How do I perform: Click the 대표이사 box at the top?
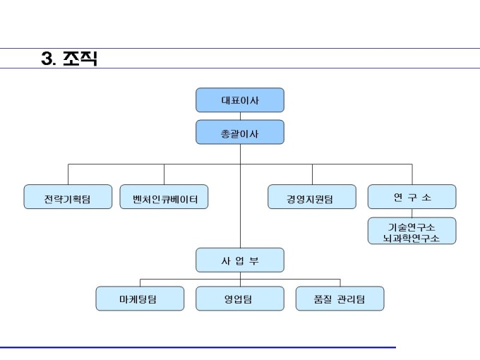click(x=240, y=100)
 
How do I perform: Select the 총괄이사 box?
click(x=240, y=132)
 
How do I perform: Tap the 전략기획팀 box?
click(x=68, y=197)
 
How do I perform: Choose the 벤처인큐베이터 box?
click(x=164, y=197)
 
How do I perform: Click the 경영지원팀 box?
click(x=312, y=197)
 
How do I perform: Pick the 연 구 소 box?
click(x=412, y=197)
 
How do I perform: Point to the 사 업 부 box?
click(x=240, y=260)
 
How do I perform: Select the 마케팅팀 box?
click(x=140, y=299)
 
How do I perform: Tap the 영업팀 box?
click(x=240, y=299)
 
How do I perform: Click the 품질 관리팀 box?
click(x=340, y=299)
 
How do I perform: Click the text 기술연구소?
click(x=412, y=227)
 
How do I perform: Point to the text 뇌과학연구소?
click(x=412, y=238)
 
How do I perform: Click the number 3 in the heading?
click(x=47, y=58)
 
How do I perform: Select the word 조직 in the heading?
click(x=80, y=59)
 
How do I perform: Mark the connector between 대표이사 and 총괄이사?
click(x=240, y=116)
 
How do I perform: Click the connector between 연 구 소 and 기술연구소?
click(x=412, y=213)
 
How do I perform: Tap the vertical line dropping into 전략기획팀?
click(x=68, y=174)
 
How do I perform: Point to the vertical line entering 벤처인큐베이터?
click(x=164, y=174)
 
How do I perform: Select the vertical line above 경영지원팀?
click(x=312, y=174)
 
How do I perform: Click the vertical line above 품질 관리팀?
click(x=340, y=283)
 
